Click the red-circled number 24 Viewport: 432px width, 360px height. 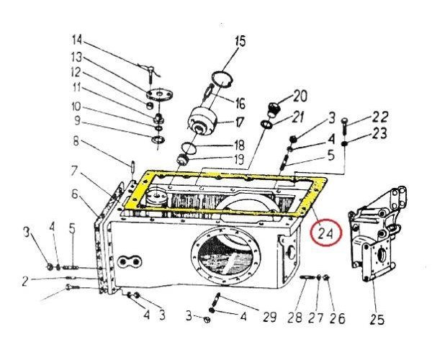coord(325,233)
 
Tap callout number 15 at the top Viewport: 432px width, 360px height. coord(240,41)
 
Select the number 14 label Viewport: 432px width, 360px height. coord(77,40)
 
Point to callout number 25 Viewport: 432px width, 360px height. coord(377,319)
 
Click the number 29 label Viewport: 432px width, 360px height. coord(269,317)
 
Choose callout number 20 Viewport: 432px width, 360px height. coord(300,96)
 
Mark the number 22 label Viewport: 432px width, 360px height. coord(380,117)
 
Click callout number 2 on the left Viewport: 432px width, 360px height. coord(25,282)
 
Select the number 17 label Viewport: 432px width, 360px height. coord(240,122)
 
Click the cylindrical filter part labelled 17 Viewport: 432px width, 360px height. coord(202,121)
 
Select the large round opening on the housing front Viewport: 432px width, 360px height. coord(226,256)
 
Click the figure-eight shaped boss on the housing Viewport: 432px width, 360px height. coord(129,261)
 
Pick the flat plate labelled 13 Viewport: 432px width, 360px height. coord(159,95)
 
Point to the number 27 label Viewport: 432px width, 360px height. coord(316,318)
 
